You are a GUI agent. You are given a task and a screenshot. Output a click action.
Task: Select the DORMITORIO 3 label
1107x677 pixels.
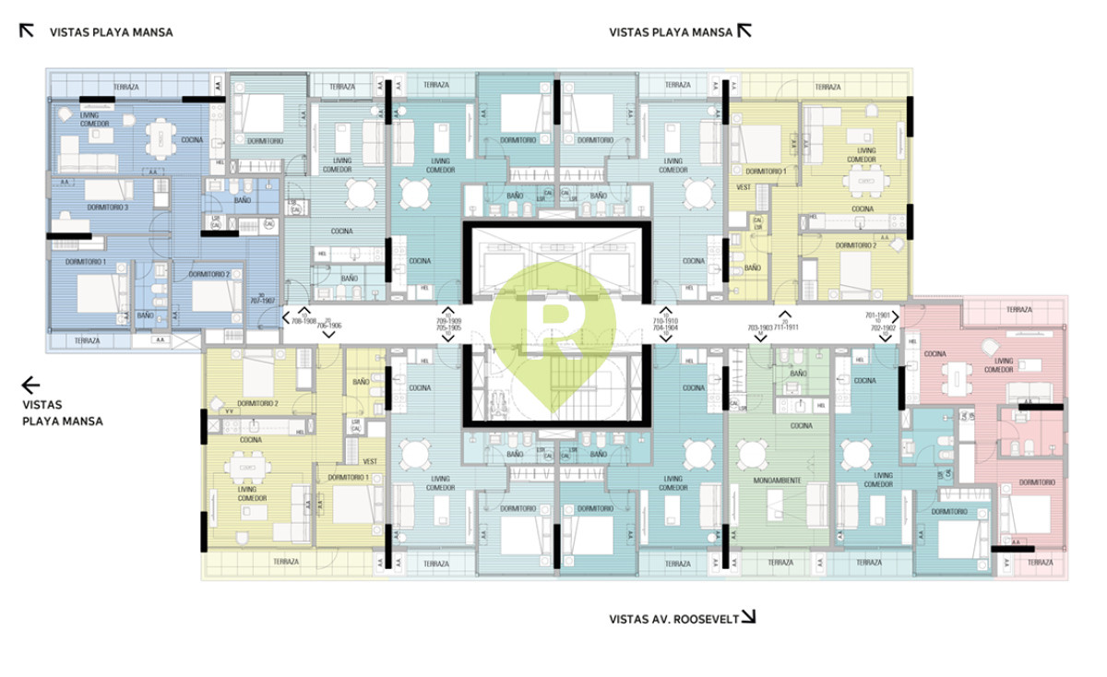point(109,207)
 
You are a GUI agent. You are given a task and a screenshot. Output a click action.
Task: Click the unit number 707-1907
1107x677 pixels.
point(261,301)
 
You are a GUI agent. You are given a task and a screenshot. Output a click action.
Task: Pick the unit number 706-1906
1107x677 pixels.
point(329,326)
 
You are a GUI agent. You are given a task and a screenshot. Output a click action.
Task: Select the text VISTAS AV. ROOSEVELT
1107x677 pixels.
point(673,620)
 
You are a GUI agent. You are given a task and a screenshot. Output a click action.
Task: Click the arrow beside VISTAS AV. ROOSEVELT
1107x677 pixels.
point(748,617)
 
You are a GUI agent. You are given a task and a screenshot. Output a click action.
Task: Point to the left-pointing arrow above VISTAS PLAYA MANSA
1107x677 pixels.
point(30,385)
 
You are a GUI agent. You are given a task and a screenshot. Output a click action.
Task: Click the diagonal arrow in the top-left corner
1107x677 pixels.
point(27,30)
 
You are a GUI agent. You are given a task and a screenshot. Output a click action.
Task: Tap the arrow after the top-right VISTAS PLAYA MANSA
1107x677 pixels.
point(744,30)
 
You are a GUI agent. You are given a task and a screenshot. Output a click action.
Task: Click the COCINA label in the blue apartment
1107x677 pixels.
point(192,139)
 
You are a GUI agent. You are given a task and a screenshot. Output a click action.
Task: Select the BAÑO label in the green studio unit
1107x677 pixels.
point(798,373)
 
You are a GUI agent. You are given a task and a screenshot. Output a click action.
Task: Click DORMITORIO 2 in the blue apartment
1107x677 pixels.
point(208,274)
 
